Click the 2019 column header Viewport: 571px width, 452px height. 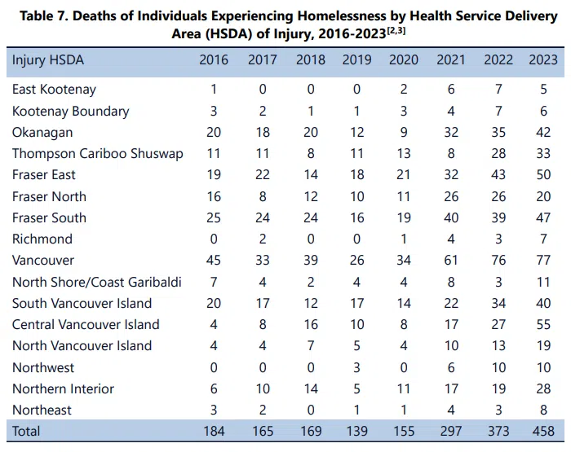coord(356,59)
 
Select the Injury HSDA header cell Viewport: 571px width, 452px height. coord(47,60)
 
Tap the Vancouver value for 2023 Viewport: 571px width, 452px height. coord(543,261)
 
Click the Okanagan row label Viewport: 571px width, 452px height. coord(42,133)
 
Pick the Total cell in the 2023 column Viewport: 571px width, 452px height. coord(543,432)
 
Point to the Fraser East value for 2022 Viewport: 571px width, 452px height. coord(498,175)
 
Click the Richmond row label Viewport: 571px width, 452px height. coord(42,239)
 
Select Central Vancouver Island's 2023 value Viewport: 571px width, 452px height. coord(543,324)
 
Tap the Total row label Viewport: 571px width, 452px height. coord(26,432)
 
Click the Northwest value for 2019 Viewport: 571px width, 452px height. coord(356,367)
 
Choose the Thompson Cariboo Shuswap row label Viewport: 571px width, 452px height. coord(98,154)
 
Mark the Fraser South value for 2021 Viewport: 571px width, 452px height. coord(451,217)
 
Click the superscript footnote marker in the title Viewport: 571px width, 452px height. coord(396,31)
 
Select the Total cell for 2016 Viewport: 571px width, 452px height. coord(214,432)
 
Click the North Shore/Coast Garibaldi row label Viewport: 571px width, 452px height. coord(97,282)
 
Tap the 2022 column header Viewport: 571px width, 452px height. coord(498,59)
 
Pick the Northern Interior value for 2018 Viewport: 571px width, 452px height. coord(311,388)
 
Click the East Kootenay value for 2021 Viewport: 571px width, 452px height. coord(451,90)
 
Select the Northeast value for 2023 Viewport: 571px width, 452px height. coord(543,410)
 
